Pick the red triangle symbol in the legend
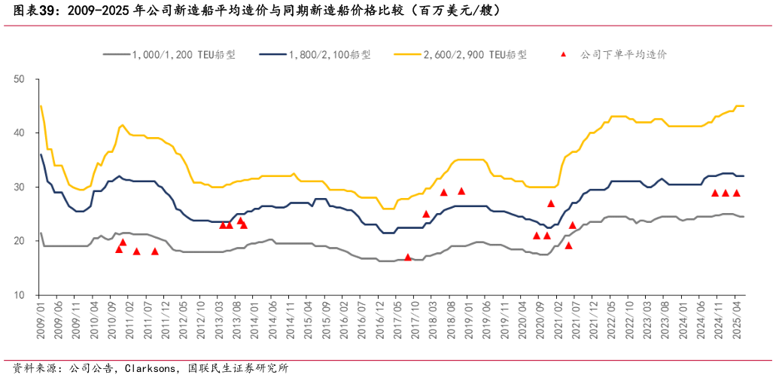coord(564,54)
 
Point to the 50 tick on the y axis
coord(20,79)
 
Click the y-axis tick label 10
coord(20,295)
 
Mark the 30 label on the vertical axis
coord(20,187)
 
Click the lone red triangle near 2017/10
coord(408,258)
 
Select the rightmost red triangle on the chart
coord(737,193)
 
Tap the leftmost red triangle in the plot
coord(119,249)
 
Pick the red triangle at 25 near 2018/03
coord(426,214)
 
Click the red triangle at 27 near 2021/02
coord(551,203)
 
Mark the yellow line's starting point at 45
coord(41,106)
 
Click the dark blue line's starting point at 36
coord(41,154)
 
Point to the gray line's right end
coord(744,217)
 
